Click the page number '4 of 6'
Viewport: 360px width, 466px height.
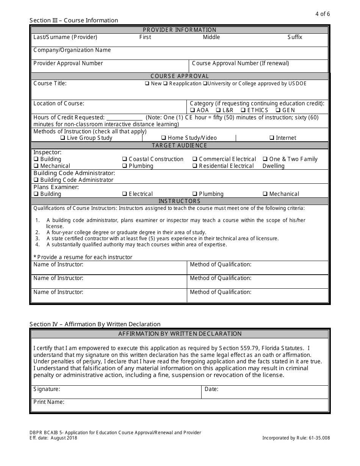(x=322, y=14)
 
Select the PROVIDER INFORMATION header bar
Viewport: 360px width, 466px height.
(x=180, y=30)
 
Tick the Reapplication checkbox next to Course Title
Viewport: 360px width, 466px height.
(x=166, y=84)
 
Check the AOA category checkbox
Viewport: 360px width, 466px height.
(x=193, y=110)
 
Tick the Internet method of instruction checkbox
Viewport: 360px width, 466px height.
(x=272, y=138)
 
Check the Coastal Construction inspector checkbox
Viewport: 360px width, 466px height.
(x=125, y=160)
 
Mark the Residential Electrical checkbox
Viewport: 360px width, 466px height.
(x=195, y=166)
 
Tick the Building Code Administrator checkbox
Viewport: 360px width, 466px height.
(x=36, y=180)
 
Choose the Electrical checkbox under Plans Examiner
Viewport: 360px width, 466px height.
(x=125, y=194)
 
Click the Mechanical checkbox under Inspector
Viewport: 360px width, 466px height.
(x=36, y=166)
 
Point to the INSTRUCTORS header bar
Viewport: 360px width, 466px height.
(x=180, y=201)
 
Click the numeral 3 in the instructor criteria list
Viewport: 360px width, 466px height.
(x=37, y=239)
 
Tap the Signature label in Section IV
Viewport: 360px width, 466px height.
(x=47, y=389)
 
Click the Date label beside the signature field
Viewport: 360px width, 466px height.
(x=211, y=389)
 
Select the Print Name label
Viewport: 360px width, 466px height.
(x=49, y=402)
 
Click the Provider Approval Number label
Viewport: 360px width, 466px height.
(x=68, y=63)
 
